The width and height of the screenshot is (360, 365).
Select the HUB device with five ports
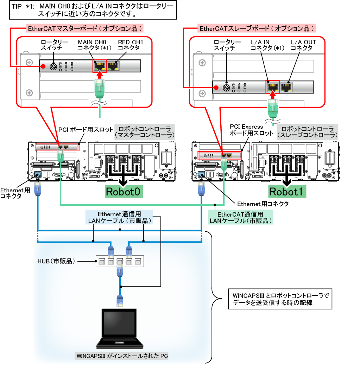pyautogui.click(x=120, y=261)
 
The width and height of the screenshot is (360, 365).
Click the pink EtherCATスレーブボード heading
pyautogui.click(x=257, y=28)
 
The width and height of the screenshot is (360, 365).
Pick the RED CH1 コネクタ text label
pyautogui.click(x=131, y=45)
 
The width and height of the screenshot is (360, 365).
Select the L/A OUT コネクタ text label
pyautogui.click(x=303, y=45)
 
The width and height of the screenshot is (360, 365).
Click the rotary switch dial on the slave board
pyautogui.click(x=227, y=87)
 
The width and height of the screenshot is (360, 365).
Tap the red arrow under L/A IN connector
pyautogui.click(x=272, y=96)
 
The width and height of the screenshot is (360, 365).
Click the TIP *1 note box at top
pyautogui.click(x=92, y=11)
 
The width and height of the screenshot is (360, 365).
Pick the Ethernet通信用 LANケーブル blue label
pyautogui.click(x=119, y=217)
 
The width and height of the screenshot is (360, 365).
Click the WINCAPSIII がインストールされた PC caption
pyautogui.click(x=122, y=356)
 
